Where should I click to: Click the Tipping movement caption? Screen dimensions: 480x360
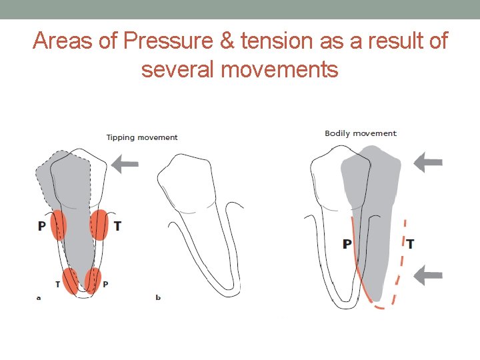point(142,137)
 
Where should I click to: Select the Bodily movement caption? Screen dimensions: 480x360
point(361,133)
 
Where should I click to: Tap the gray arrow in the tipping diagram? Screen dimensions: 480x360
point(125,162)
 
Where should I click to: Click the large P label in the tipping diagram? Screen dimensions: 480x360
point(42,227)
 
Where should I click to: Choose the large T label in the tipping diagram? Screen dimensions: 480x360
point(117,227)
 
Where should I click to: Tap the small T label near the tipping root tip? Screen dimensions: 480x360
point(58,285)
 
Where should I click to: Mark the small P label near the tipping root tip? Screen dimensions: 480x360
point(105,285)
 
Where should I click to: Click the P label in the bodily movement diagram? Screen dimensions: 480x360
point(347,244)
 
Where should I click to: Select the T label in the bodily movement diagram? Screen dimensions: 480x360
point(410,244)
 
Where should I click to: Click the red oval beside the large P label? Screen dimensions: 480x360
point(59,225)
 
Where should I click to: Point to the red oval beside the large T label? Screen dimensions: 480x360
point(99,225)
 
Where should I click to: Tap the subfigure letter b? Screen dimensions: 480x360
point(158,297)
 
